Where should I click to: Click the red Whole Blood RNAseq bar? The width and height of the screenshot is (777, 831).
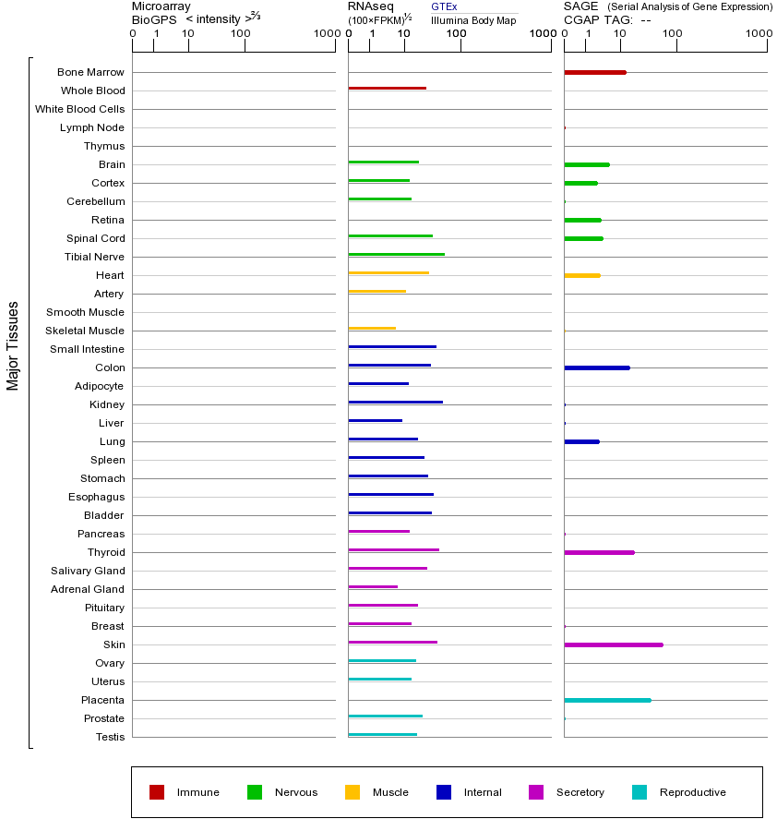click(x=387, y=88)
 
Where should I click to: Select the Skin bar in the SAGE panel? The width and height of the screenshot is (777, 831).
click(x=613, y=644)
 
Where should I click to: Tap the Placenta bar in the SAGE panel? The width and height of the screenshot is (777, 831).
click(x=607, y=700)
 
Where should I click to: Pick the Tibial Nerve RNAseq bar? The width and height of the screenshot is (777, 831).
click(x=396, y=254)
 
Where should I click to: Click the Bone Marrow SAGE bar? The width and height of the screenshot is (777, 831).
click(x=594, y=72)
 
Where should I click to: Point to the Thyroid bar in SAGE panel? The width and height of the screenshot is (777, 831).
click(x=599, y=552)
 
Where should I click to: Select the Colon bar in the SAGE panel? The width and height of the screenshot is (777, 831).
click(x=596, y=367)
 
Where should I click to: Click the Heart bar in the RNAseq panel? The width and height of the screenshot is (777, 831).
click(x=388, y=272)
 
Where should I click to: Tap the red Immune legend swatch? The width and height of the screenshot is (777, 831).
click(x=157, y=792)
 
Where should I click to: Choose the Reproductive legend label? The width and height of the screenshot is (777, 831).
click(x=692, y=792)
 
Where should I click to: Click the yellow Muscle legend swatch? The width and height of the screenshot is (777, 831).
click(x=353, y=792)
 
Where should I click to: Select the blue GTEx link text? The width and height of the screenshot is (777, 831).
click(x=444, y=6)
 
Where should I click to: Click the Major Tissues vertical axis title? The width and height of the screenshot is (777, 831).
click(x=13, y=345)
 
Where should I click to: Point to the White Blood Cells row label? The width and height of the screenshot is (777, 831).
click(x=79, y=109)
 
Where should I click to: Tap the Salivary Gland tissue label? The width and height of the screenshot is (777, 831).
click(x=88, y=571)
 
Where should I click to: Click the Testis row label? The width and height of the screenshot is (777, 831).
click(x=110, y=737)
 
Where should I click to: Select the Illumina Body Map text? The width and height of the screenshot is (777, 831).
click(x=473, y=20)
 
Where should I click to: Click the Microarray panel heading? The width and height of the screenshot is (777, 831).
click(x=161, y=6)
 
